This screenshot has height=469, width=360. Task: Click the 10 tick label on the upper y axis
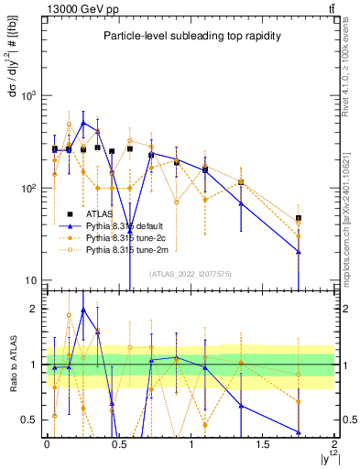[x=34, y=280]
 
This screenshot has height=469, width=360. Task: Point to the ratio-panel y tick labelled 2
[x=36, y=309]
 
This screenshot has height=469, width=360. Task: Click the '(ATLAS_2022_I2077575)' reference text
[x=190, y=273]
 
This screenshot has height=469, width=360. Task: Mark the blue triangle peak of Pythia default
[x=83, y=122]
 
